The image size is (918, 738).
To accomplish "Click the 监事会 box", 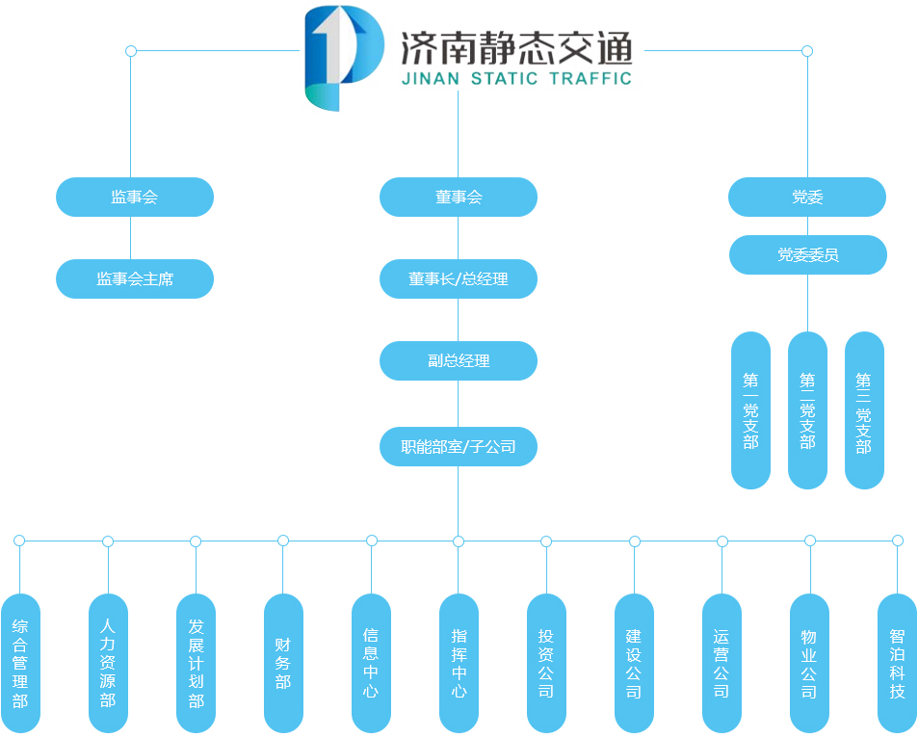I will pos(134,198).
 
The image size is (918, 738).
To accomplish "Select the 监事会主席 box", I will pos(134,279).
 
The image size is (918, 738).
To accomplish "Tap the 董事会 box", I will pos(458,198).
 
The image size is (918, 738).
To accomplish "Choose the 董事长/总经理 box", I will pos(458,279).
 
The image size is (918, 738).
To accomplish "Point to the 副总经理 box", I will pos(458,361).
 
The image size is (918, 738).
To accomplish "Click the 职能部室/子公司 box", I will pos(458,447).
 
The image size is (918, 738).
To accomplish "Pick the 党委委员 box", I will pos(807,255).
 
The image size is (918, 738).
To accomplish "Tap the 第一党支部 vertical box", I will pos(750,410).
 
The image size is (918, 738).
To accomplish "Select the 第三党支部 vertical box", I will pos(864,410).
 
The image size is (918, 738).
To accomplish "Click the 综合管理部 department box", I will pos(20,663).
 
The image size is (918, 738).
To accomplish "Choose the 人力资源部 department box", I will pos(108,663).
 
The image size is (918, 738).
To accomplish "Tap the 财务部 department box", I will pos(283,663).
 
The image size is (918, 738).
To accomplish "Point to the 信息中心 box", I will pos(371,663).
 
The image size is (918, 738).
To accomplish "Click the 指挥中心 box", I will pos(459,663).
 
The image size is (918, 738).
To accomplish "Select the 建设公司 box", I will pos(634,663).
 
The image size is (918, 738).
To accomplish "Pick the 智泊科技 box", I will pos(897,663).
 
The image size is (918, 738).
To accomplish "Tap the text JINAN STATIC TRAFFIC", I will pos(516,79).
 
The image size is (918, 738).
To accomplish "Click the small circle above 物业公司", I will pos(810,540).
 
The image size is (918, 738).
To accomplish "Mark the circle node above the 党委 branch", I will pos(807,51).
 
